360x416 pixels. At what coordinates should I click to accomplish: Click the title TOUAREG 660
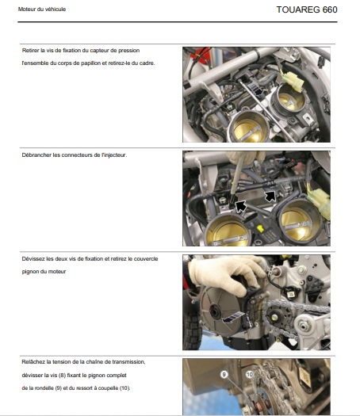(307, 10)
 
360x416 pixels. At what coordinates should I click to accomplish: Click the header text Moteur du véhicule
(42, 10)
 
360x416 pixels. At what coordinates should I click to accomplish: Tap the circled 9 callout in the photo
(224, 374)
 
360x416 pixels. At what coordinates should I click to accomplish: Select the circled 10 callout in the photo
(249, 374)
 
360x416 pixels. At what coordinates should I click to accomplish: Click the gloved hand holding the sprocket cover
(226, 275)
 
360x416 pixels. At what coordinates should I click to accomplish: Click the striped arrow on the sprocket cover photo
(233, 318)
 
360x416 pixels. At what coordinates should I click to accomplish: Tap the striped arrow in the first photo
(255, 88)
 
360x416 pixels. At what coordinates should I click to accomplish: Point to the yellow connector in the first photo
(293, 82)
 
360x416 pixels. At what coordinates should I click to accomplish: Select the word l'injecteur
(114, 155)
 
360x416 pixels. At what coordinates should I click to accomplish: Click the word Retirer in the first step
(30, 51)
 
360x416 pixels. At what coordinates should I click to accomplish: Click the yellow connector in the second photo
(320, 201)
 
